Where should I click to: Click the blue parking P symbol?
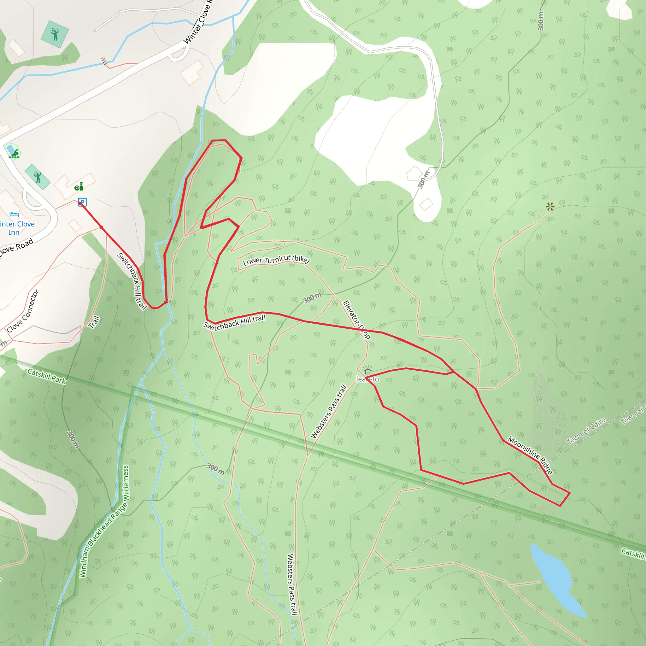coord(82,202)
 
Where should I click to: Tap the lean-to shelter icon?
coord(367,371)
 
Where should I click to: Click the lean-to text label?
coord(367,379)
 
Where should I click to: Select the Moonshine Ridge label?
coord(530,455)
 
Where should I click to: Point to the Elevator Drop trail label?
coord(356,320)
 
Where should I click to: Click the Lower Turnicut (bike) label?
coord(276,260)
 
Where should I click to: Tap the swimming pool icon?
coord(13,152)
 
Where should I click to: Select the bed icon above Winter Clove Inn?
coord(14,214)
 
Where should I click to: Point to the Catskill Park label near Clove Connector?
coord(47,377)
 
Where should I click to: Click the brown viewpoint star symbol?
coord(550,207)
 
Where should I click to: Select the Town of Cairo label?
coord(586,431)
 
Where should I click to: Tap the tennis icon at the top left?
coord(55,34)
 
